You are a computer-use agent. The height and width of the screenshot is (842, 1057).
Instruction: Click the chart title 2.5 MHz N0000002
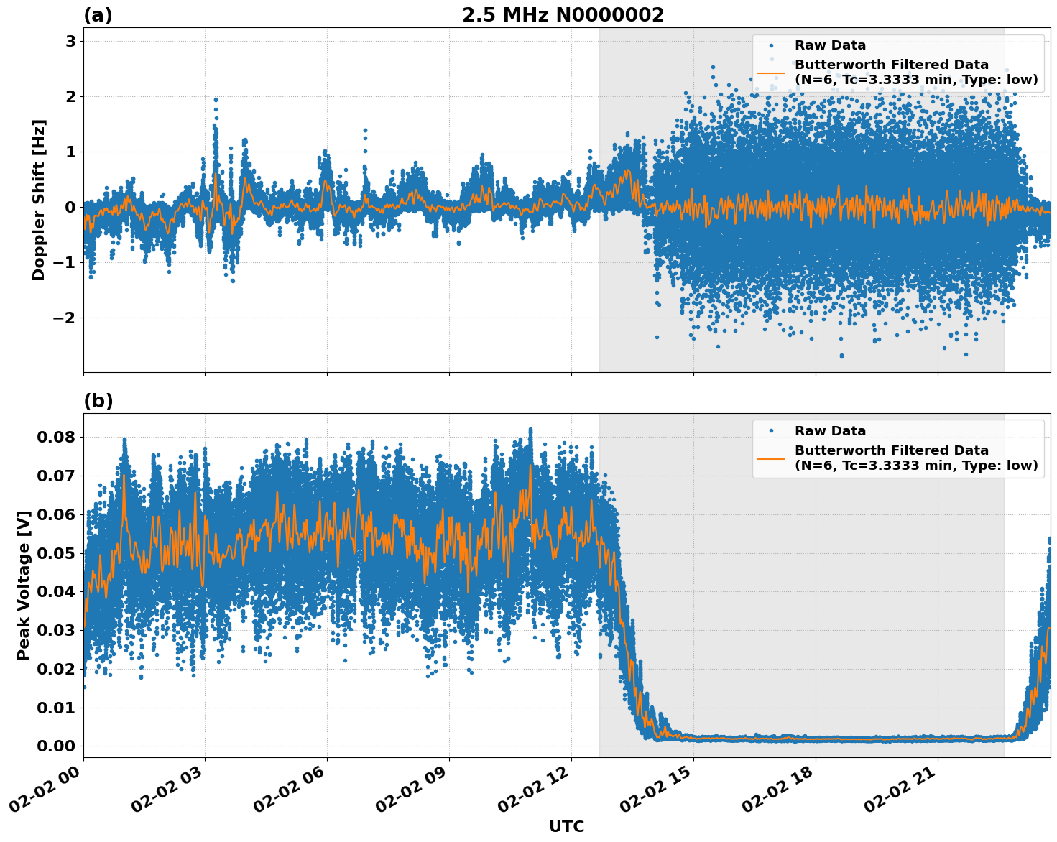tap(563, 15)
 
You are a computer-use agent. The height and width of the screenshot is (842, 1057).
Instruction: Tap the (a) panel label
tap(98, 15)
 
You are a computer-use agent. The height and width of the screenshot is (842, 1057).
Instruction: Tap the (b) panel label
tap(98, 401)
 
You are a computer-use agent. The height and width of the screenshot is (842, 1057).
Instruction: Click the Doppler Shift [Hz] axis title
tap(39, 200)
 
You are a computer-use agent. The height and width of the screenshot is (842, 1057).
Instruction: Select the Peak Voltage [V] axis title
tap(24, 585)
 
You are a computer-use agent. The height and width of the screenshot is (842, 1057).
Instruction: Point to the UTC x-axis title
tap(566, 826)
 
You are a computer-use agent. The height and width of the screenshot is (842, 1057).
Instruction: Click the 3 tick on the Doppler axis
tap(70, 42)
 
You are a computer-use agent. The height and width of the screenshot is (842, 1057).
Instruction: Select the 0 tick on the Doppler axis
tap(70, 208)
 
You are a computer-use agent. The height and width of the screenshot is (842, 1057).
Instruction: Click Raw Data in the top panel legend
tap(830, 45)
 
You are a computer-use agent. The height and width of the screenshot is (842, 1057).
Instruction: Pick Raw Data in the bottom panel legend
tap(830, 431)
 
